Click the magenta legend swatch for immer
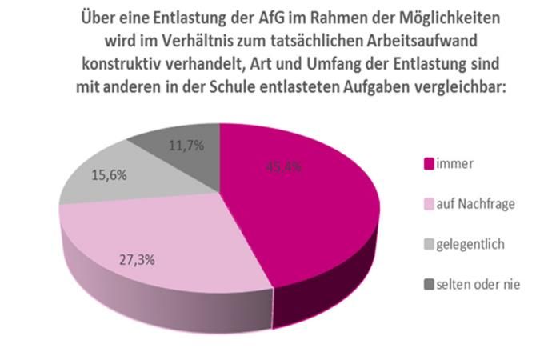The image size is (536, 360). tap(428, 165)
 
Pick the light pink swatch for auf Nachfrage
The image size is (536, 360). tap(428, 204)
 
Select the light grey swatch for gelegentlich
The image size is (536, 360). tap(428, 244)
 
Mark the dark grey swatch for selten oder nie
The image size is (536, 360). tap(428, 283)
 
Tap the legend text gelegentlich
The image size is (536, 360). tap(470, 244)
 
